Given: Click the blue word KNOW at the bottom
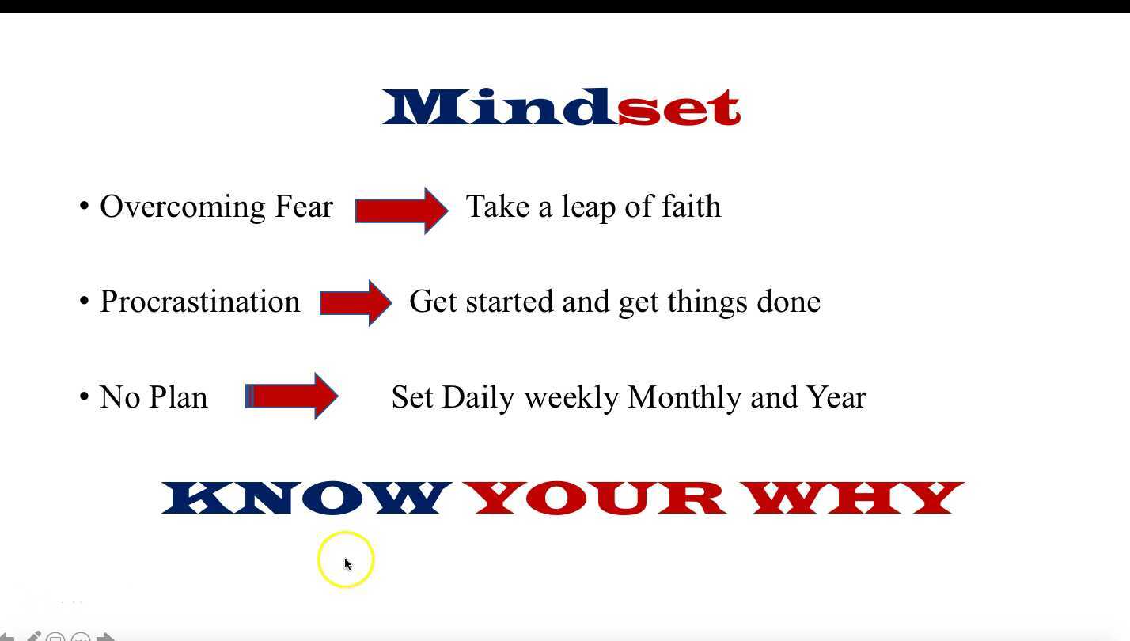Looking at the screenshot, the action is pyautogui.click(x=307, y=498).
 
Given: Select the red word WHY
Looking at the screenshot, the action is pyautogui.click(x=852, y=498).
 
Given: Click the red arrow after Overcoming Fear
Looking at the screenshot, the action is pyautogui.click(x=401, y=211).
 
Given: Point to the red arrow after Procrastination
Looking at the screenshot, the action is pyautogui.click(x=355, y=303).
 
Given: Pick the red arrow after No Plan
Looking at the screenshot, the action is pyautogui.click(x=291, y=396).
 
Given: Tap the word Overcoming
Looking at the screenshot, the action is pyautogui.click(x=182, y=207).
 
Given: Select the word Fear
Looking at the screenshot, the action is pyautogui.click(x=303, y=206).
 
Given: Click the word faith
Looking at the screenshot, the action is pyautogui.click(x=691, y=206).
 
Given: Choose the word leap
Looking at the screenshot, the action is pyautogui.click(x=589, y=207).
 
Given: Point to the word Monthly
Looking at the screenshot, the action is pyautogui.click(x=684, y=397).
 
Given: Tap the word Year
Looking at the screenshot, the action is pyautogui.click(x=837, y=397).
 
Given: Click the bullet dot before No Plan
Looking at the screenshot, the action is pyautogui.click(x=84, y=396).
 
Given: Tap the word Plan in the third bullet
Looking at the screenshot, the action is pyautogui.click(x=179, y=397).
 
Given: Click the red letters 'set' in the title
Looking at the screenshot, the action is pyautogui.click(x=679, y=108).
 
